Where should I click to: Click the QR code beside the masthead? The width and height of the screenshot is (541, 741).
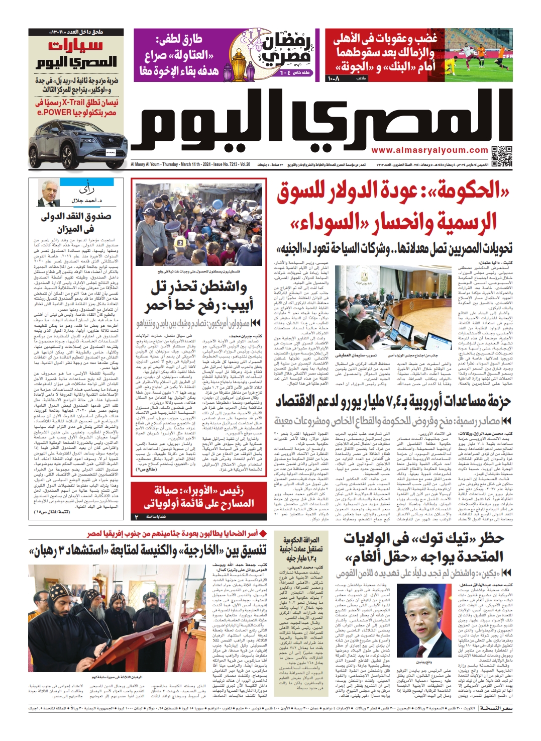pyautogui.click(x=502, y=156)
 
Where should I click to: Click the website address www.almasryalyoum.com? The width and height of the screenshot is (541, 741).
pyautogui.click(x=429, y=150)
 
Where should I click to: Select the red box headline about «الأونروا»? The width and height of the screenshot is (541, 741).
pyautogui.click(x=199, y=497)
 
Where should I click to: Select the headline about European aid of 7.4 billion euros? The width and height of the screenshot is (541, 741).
pyautogui.click(x=393, y=401)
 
